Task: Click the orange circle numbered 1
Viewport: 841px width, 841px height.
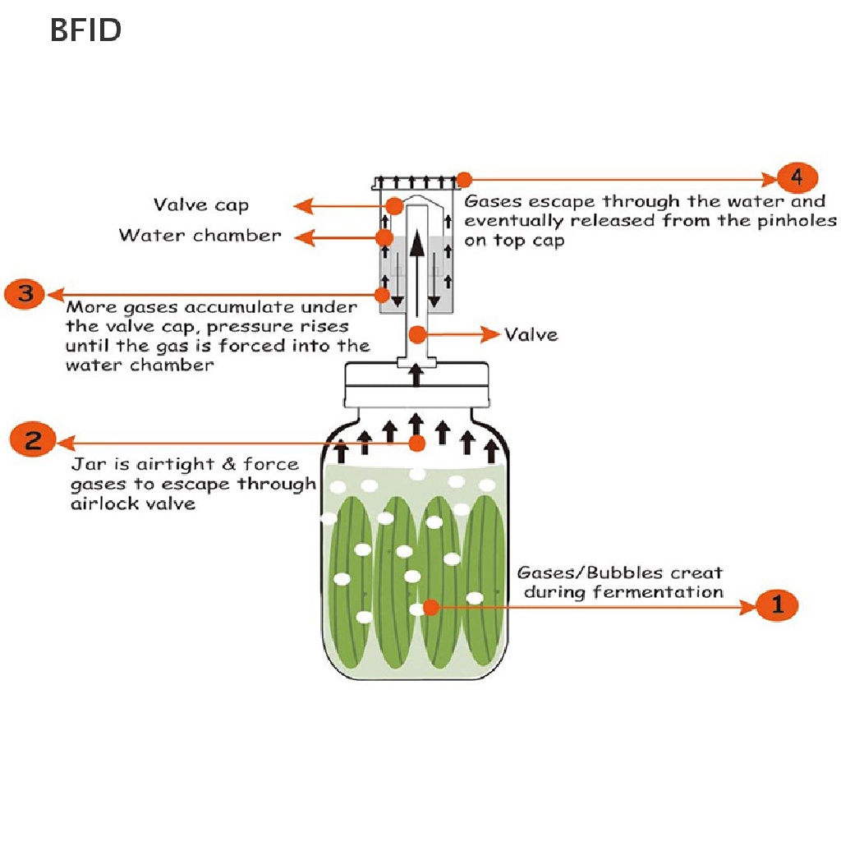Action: coord(776,606)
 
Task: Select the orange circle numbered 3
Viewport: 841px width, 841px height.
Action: coord(25,293)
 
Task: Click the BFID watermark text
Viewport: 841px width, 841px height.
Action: coord(85,30)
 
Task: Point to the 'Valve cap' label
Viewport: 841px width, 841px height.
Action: coord(200,205)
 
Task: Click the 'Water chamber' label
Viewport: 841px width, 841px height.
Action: coord(200,236)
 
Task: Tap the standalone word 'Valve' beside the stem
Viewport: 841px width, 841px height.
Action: coord(531,334)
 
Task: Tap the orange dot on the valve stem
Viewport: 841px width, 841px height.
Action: coord(418,334)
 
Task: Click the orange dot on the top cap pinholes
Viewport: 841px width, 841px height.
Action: coord(464,179)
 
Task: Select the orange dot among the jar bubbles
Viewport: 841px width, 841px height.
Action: coord(431,607)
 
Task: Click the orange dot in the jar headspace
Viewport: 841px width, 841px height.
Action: coord(417,443)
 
